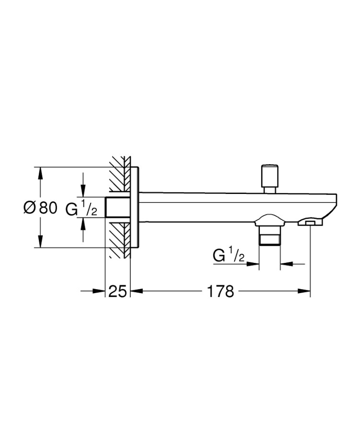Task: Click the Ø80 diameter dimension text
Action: pos(40,208)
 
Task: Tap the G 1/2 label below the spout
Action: pos(229,255)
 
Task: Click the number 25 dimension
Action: pos(117,291)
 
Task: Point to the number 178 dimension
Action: pos(220,291)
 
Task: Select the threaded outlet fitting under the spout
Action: pos(269,236)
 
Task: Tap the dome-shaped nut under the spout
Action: pos(269,221)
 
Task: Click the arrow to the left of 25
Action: pos(99,291)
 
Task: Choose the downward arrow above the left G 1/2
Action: pos(83,191)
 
